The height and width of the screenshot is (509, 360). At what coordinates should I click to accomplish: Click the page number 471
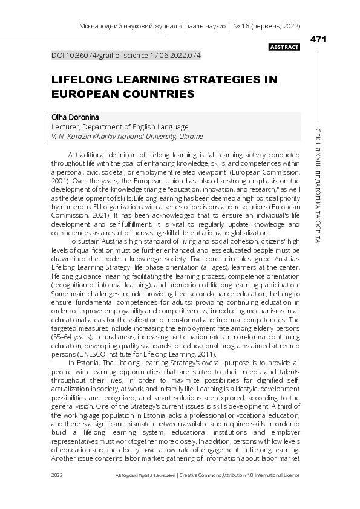318,39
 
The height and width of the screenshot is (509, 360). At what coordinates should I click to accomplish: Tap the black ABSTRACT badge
284,47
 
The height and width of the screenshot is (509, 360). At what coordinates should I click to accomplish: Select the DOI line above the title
126,55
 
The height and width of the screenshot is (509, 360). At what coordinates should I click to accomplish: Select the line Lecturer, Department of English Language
120,127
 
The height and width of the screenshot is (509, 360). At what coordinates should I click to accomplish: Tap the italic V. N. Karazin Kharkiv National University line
127,137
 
